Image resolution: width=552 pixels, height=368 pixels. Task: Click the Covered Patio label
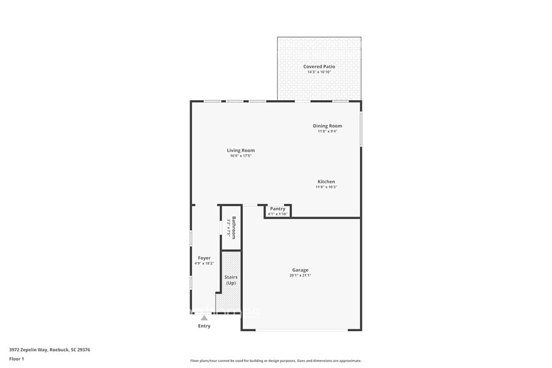[319, 66]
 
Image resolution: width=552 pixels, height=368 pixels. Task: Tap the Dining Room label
[327, 126]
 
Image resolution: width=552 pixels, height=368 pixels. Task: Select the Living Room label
[240, 150]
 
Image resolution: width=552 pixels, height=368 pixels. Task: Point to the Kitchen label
[326, 181]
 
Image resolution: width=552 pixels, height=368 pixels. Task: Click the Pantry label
[277, 208]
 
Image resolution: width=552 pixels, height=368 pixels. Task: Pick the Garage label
[300, 270]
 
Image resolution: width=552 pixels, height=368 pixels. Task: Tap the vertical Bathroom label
[234, 228]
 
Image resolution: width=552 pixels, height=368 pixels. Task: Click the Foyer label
[204, 258]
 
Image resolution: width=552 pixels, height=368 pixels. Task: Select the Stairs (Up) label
[231, 280]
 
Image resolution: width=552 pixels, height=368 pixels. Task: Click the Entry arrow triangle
[204, 318]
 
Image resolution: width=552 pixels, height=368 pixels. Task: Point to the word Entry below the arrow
[204, 326]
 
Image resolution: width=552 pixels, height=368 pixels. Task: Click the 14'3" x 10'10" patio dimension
[319, 72]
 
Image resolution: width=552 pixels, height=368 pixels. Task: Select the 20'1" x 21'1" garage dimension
[300, 275]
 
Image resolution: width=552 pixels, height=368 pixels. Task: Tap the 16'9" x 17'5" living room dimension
[240, 156]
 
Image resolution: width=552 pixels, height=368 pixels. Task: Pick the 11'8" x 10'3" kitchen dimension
[326, 187]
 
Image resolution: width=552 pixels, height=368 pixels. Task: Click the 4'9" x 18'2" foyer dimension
[204, 263]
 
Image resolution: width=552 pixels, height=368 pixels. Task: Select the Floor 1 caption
[16, 359]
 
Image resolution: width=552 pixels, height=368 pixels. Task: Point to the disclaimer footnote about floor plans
[275, 360]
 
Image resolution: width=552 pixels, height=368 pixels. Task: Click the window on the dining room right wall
[361, 129]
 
